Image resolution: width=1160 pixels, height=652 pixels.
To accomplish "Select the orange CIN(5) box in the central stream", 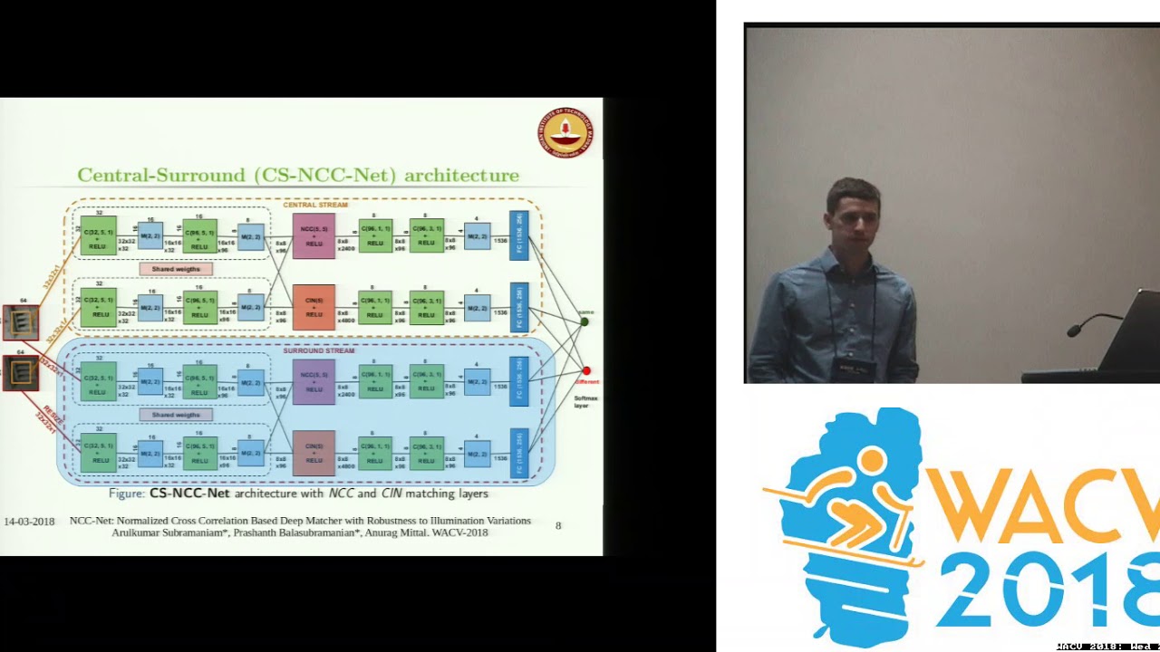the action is pos(314,307).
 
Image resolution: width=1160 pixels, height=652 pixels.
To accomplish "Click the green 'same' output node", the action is pos(585,321).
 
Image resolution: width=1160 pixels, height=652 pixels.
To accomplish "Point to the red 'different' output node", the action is pos(586,370).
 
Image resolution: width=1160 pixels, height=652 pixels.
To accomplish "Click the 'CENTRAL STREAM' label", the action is pos(314,205).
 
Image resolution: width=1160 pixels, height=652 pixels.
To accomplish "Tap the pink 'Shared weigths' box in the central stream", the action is pos(176,269).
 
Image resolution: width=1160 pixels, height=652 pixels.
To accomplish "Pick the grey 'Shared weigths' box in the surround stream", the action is pos(176,415).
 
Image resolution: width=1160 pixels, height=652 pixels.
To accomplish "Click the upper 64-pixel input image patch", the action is pos(21,322).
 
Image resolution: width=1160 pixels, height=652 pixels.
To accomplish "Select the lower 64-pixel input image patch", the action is pos(21,372).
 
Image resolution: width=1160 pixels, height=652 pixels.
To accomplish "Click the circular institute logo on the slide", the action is pos(565,132).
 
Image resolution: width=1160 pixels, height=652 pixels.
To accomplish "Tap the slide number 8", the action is pos(558,525).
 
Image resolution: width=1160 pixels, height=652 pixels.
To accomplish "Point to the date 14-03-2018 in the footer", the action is pos(29,522).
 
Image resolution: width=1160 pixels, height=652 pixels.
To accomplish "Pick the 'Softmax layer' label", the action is pos(586,401).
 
